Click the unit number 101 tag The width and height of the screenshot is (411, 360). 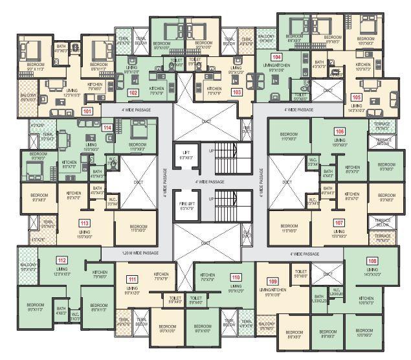pyautogui.click(x=87, y=111)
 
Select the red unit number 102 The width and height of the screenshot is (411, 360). pyautogui.click(x=133, y=93)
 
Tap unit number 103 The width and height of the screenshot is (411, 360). pyautogui.click(x=237, y=93)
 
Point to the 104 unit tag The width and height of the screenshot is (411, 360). pyautogui.click(x=276, y=58)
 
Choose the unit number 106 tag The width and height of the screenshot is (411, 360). pyautogui.click(x=340, y=131)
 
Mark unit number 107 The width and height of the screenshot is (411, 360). pyautogui.click(x=339, y=223)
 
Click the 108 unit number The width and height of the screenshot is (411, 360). pyautogui.click(x=372, y=262)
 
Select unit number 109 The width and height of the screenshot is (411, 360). pyautogui.click(x=272, y=280)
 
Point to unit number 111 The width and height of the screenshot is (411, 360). pyautogui.click(x=132, y=279)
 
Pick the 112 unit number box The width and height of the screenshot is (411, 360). pyautogui.click(x=62, y=261)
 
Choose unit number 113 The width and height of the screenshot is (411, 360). pyautogui.click(x=84, y=223)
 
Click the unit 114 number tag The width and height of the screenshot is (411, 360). pyautogui.click(x=107, y=128)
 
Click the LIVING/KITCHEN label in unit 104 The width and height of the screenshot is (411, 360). pyautogui.click(x=276, y=65)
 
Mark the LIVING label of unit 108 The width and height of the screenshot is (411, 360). pyautogui.click(x=372, y=269)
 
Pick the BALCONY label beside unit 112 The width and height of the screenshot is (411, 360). pyautogui.click(x=28, y=266)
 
